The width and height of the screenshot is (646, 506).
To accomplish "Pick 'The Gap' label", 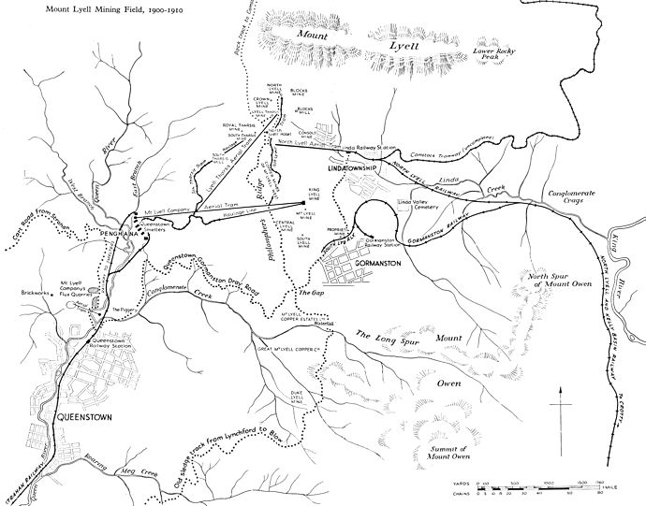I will pyautogui.click(x=311, y=291).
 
